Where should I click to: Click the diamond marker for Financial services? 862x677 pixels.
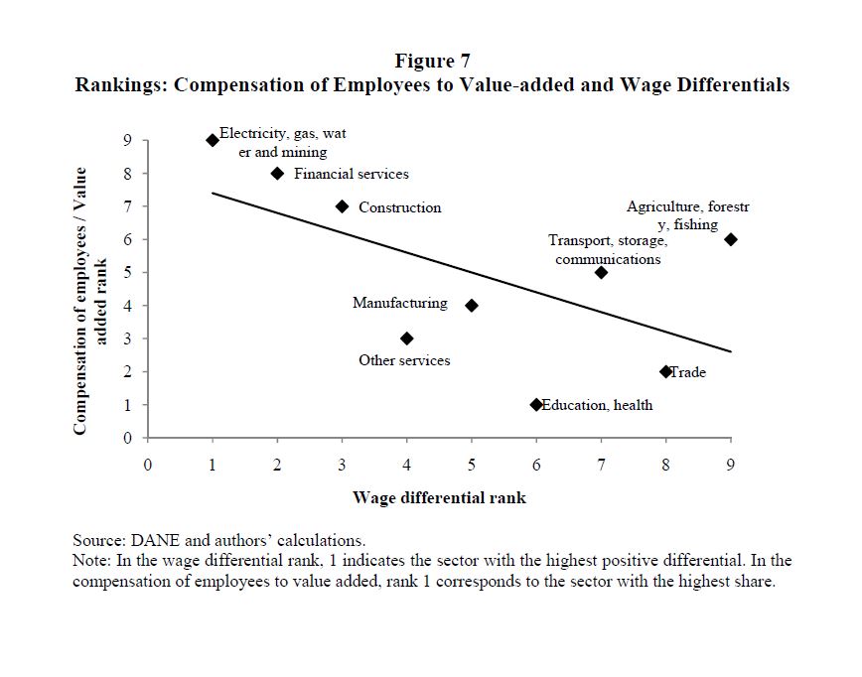tap(277, 174)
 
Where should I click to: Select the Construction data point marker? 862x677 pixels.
tap(342, 206)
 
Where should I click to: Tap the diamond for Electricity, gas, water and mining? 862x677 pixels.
tap(213, 140)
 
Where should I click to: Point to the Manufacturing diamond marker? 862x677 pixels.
tap(472, 306)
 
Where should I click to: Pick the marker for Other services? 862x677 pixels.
tap(407, 338)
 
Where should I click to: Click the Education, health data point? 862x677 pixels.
tap(536, 405)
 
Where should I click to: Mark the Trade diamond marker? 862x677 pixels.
tap(665, 371)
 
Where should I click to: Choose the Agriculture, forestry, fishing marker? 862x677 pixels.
tap(731, 239)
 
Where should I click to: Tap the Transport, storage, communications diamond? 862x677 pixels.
tap(601, 272)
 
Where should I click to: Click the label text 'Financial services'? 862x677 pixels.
tap(351, 174)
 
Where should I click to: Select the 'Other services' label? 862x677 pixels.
tap(404, 360)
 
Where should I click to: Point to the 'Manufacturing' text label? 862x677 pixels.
tap(399, 303)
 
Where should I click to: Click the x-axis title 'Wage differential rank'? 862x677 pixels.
tap(439, 497)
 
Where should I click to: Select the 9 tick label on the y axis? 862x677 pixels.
tap(127, 140)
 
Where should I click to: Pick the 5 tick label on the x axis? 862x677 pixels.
tap(472, 464)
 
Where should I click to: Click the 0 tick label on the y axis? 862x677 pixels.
tap(127, 438)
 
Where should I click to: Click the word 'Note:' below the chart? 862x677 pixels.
tap(91, 561)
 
